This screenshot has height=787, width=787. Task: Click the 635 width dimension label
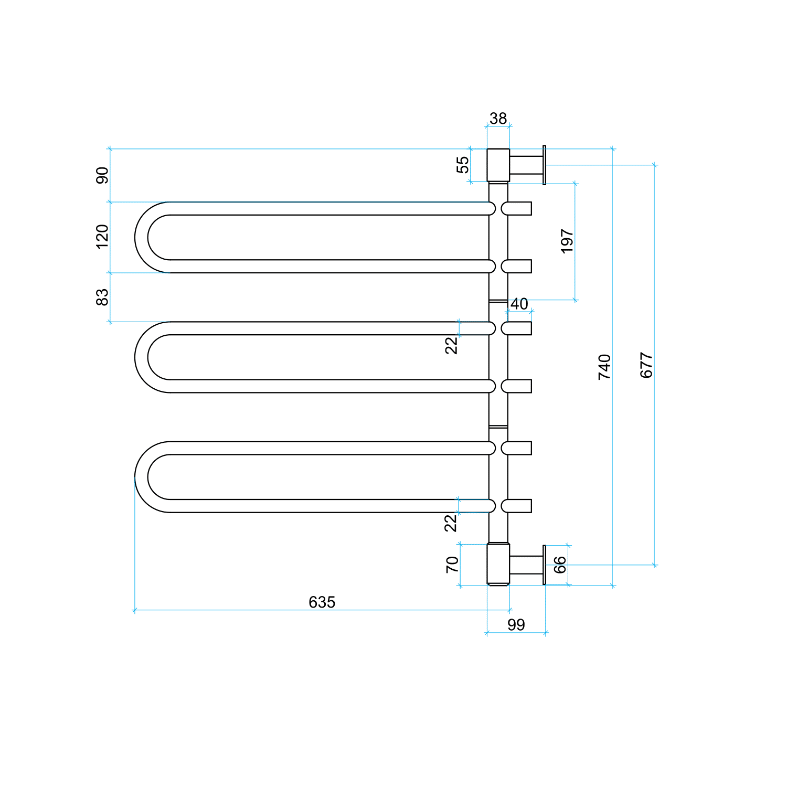coord(322,602)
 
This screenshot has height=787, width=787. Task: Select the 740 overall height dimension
coord(604,367)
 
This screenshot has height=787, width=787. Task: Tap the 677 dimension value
coord(646,365)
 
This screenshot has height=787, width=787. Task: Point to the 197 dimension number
coord(567,241)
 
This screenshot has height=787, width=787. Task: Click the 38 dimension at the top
coord(498,119)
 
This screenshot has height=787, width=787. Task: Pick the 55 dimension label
coord(463,165)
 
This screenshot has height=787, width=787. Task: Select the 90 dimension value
coord(102,175)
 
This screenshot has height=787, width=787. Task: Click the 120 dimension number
coord(102,237)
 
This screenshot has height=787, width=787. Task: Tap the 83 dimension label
coord(102,297)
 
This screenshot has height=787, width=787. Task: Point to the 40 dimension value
coord(519,304)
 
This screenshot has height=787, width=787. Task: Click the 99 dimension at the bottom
coord(516,624)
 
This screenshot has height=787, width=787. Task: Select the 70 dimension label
coord(452,565)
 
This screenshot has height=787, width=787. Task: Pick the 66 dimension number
coord(560,565)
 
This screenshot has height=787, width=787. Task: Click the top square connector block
coord(498,165)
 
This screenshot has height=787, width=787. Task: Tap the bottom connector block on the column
coord(498,565)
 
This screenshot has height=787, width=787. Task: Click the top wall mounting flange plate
coord(544,165)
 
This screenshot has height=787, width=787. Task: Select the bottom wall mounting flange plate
coord(544,565)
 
